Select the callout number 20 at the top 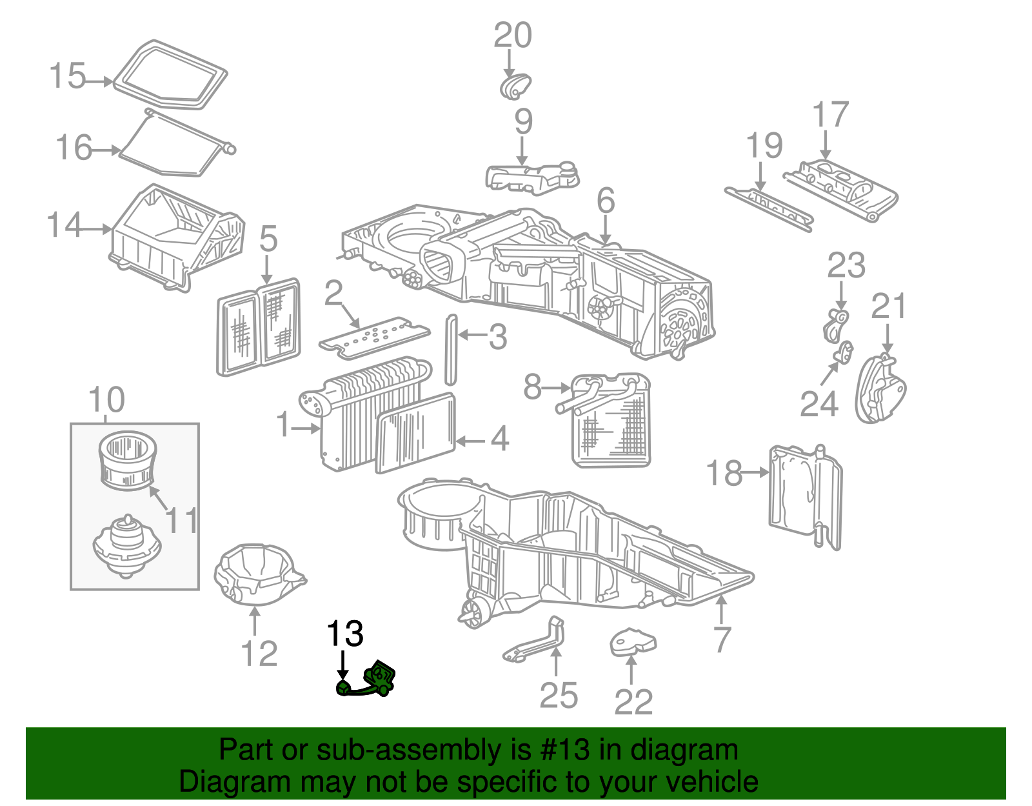[x=513, y=35]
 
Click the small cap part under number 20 [x=515, y=86]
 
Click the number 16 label [x=74, y=148]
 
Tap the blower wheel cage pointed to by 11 [x=128, y=461]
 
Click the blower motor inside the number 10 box [x=127, y=545]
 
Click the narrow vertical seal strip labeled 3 [x=451, y=350]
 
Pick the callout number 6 [x=606, y=201]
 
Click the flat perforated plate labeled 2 [x=374, y=337]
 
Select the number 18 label [x=724, y=473]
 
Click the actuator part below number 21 [x=880, y=389]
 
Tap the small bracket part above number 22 [x=633, y=643]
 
